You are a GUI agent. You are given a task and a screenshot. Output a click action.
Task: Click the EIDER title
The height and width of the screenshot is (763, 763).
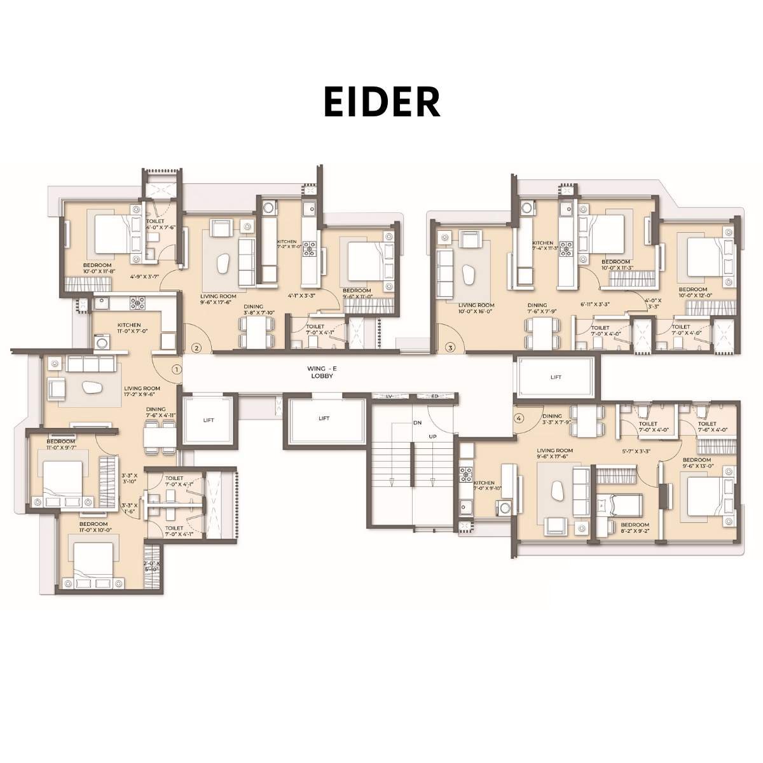[x=382, y=102]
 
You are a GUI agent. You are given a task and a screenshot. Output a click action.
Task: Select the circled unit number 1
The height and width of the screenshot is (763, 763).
[x=177, y=368]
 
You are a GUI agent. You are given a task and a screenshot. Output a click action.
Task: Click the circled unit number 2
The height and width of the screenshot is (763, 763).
[x=197, y=348]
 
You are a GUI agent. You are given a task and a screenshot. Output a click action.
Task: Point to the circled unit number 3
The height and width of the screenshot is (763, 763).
[x=451, y=348]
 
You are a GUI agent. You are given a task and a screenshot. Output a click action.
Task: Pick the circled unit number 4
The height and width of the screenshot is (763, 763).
[x=519, y=418]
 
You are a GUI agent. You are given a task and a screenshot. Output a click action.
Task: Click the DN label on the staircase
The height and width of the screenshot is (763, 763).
[x=417, y=422]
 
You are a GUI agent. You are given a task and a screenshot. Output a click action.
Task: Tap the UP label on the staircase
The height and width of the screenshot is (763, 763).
[x=433, y=437]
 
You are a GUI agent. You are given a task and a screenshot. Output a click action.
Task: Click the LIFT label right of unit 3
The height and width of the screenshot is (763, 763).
[x=556, y=377]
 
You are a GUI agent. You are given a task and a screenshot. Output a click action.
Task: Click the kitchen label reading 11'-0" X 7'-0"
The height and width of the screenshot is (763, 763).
[x=132, y=328]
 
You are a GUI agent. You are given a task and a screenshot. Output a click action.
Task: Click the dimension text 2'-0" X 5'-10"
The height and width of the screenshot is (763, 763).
[x=151, y=567]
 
